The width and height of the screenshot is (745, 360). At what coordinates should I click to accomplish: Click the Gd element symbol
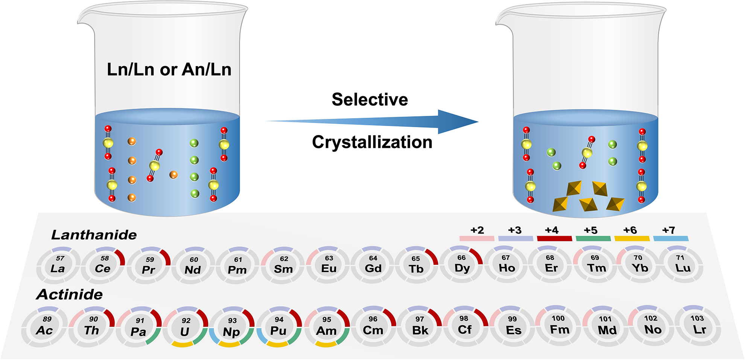click(373, 269)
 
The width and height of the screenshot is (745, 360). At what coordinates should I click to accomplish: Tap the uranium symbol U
click(184, 332)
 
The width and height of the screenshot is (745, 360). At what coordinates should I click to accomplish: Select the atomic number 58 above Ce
click(105, 258)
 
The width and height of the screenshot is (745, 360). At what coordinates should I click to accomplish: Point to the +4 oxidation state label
click(552, 230)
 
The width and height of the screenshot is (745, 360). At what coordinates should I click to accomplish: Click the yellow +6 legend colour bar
click(632, 238)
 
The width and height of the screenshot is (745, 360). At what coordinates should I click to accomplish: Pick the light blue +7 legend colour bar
click(671, 238)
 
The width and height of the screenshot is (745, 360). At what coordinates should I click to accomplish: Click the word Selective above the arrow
click(369, 100)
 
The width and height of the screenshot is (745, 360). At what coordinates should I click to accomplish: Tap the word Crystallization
click(372, 143)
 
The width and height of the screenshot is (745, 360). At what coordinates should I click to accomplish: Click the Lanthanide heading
click(94, 235)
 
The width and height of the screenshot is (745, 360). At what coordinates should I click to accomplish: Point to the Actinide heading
click(70, 295)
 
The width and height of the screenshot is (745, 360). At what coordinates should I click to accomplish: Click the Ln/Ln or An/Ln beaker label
click(169, 70)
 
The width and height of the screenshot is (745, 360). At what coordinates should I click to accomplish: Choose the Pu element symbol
click(278, 331)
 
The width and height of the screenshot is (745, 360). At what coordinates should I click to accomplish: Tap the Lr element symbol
click(699, 330)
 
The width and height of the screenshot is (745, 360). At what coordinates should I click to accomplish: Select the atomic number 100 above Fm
click(558, 318)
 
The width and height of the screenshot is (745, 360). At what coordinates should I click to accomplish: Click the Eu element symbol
click(329, 269)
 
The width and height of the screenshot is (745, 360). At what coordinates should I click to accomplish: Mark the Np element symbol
click(231, 332)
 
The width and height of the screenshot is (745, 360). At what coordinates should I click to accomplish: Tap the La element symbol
click(58, 269)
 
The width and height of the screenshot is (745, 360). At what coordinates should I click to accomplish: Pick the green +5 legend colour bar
click(593, 238)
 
